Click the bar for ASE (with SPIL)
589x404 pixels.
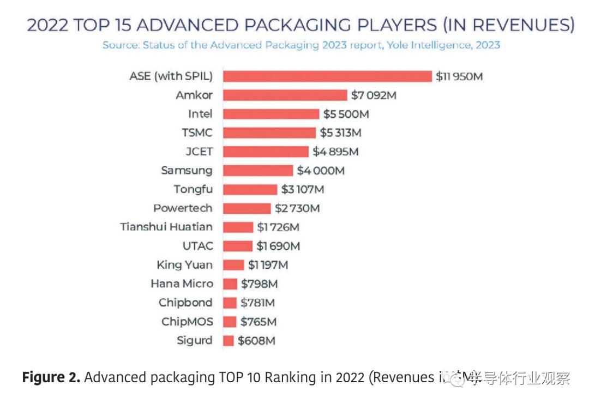[327, 76]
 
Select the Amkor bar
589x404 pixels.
[285, 95]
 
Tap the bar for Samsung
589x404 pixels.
[258, 171]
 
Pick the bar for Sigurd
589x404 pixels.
[229, 341]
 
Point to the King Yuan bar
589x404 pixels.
[233, 265]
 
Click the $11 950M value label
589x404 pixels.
[459, 76]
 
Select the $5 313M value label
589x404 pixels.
[340, 133]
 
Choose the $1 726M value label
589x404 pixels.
[278, 227]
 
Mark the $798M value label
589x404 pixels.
[260, 284]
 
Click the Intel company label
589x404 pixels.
[200, 114]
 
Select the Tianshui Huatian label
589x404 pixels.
[166, 227]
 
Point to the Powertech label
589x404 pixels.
[183, 208]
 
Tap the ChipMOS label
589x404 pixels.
[187, 322]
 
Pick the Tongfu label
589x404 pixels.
[193, 190]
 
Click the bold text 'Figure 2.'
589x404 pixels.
[51, 377]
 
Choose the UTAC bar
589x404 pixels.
[238, 246]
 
